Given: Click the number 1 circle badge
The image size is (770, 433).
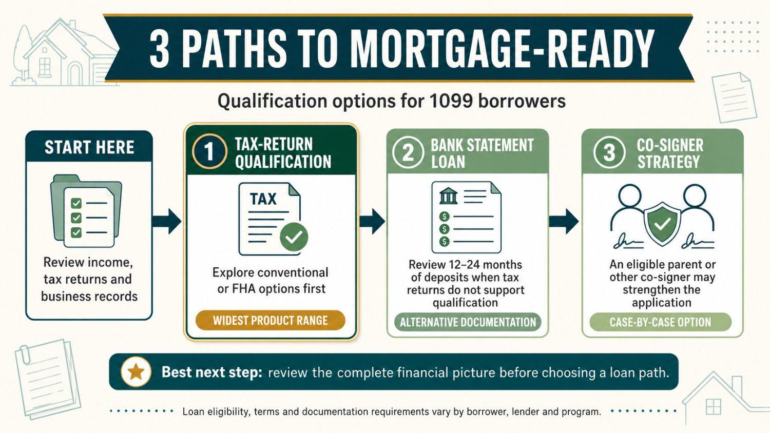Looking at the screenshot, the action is coord(209,151).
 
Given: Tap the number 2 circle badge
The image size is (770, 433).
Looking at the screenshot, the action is coord(408,152).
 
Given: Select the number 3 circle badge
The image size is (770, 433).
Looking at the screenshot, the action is coord(609,152).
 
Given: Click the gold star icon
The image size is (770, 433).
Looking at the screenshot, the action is coord(136,372).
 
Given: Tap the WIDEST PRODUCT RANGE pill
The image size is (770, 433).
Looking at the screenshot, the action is coord(270,320).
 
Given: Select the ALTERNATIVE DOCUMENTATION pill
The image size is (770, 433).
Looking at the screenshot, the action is coord(468,322).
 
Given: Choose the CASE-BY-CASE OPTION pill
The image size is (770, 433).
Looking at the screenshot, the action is coord(660,322).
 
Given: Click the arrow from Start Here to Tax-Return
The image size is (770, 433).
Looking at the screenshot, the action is coord(166,221).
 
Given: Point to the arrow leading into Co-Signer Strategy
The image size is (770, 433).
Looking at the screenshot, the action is coord(564,221).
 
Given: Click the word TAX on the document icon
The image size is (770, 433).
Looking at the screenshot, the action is coord(263,199).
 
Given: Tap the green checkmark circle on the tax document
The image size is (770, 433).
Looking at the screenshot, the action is coord(294,237).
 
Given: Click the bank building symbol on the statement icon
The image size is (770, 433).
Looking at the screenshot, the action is coord(449,195).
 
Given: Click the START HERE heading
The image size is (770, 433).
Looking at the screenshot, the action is coord(89,147).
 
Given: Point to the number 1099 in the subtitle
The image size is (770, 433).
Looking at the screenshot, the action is coord(446,102).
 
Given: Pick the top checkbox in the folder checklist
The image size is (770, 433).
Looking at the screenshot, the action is coord(76,204).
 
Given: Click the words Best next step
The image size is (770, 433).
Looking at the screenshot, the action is coord(212,372).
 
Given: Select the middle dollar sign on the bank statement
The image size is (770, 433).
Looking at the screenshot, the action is coord(445,229).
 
